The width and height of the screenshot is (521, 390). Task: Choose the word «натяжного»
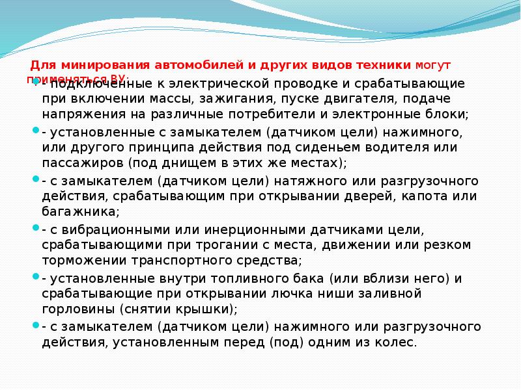[309, 180]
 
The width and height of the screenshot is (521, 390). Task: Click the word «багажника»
[79, 211]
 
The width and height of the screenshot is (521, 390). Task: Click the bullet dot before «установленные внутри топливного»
[35, 276]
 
